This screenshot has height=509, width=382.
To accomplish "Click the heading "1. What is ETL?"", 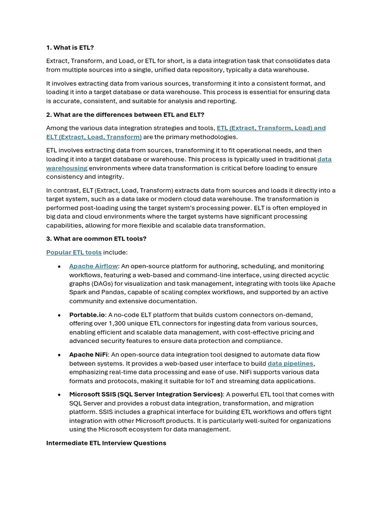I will pos(70,48).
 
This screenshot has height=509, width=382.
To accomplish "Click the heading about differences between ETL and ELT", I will pos(125,114).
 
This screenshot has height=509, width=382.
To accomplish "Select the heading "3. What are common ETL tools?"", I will pos(96,239).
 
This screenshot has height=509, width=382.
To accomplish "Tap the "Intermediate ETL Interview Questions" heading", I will pos(106,442).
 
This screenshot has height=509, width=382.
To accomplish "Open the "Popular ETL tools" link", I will pos(74,253).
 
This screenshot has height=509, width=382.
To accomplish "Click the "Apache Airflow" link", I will pos(94,266).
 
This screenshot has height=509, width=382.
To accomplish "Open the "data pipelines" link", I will pos(290,363).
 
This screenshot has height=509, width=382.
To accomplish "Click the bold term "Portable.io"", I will pos(87,315).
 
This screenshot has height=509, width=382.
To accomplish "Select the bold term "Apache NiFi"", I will pos(89,354).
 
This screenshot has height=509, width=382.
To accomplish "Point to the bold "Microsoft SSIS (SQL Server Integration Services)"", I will pos(146,394).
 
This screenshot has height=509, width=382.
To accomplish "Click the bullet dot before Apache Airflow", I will pos(59,266).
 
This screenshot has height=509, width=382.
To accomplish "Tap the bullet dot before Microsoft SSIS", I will pos(59,395).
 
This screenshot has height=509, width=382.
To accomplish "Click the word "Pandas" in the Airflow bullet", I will pos(104,292).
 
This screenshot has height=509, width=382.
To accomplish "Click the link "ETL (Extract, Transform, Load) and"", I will pos(271,128).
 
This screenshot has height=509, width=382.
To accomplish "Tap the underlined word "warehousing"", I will pos(67,168).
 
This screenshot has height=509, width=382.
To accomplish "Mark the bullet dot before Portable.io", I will pos(59,315).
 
